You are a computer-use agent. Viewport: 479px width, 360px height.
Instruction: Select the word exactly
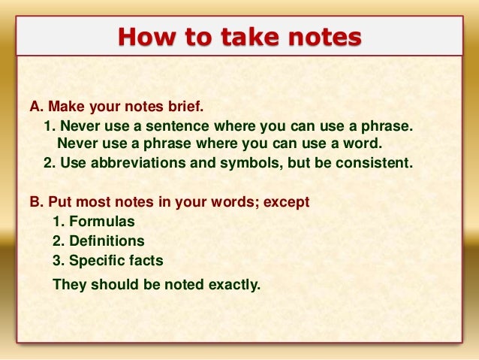click(230, 284)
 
